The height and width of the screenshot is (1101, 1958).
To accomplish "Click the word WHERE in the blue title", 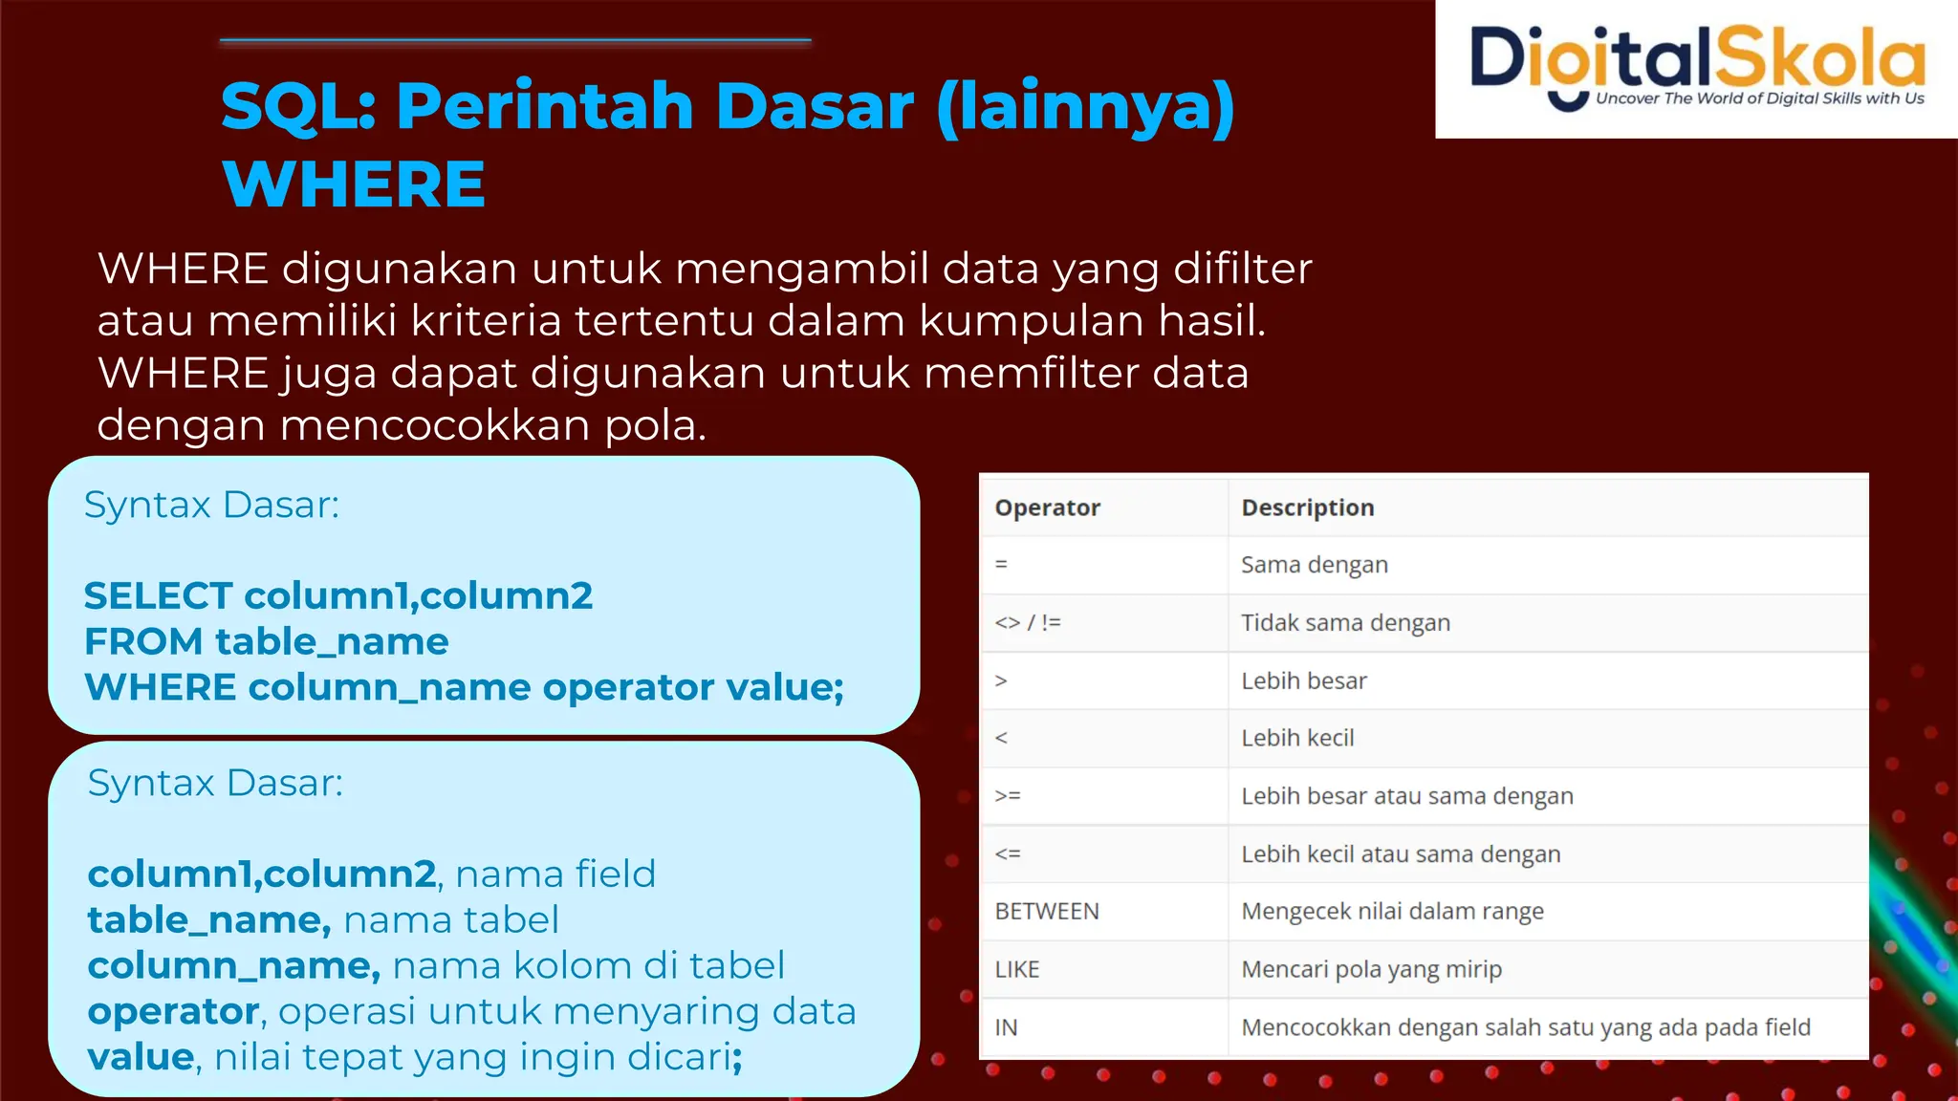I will (354, 183).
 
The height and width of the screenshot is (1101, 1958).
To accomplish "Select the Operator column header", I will (1047, 507).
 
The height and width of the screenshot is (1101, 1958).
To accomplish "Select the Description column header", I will (1307, 507).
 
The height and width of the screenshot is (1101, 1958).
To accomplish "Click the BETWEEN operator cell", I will (1047, 912).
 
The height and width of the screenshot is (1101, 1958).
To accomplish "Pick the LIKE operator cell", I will (1016, 969).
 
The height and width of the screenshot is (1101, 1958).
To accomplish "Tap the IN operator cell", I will (1006, 1027).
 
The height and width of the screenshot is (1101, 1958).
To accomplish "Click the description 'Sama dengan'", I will (1314, 565).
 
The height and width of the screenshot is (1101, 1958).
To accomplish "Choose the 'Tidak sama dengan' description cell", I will (1345, 623).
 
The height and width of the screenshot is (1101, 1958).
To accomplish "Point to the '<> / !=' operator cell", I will (1028, 623).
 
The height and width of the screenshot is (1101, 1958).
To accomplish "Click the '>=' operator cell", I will (1008, 796).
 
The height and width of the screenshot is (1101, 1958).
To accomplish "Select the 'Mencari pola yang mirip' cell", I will (1371, 969).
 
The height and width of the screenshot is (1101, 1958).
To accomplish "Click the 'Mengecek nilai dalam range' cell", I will (1392, 912).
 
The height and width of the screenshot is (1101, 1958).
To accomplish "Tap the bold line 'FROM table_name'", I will (266, 641).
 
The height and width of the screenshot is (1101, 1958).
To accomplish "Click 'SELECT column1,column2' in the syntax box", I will (337, 595).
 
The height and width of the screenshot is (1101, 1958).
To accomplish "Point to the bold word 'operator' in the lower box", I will (173, 1011).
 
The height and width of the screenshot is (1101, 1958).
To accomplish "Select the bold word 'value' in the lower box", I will (141, 1057).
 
